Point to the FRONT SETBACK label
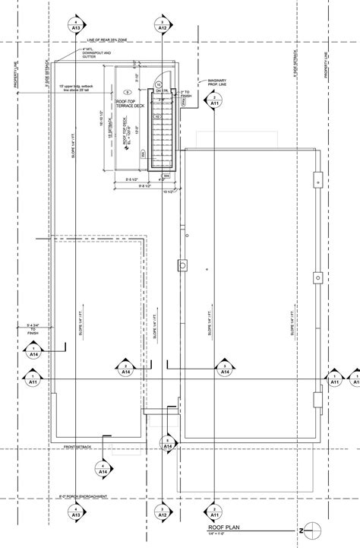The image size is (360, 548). point(78,446)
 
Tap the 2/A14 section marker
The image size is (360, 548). point(125,369)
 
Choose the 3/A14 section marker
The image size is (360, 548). point(225,369)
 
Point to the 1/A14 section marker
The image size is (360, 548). point(33,350)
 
